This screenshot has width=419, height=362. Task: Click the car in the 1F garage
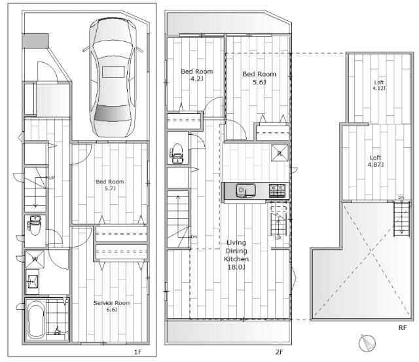point(113,77)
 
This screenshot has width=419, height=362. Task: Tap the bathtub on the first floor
point(36,319)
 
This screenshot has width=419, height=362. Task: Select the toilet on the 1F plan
point(35,225)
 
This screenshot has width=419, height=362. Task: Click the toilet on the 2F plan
point(177,154)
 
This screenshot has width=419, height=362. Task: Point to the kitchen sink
point(246,190)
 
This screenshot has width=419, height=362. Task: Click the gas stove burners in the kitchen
point(277,190)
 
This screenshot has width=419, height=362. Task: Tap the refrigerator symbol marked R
point(280,153)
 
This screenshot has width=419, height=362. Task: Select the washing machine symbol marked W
point(35,259)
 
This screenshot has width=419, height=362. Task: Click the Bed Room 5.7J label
point(110,185)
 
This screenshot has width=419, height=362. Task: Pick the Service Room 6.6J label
point(112,306)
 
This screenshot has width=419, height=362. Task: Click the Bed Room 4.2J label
point(197,75)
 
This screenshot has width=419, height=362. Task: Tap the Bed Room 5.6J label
point(259,78)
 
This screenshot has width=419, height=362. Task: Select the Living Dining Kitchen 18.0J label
point(236,255)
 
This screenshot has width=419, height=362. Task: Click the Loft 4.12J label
point(379,85)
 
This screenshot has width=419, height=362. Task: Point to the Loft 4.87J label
point(375,161)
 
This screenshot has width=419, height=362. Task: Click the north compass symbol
point(367,343)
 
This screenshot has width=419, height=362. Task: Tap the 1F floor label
point(137,352)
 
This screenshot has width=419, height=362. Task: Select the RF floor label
point(403,328)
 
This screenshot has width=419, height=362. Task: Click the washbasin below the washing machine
point(33,281)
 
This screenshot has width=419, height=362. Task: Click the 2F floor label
point(279,352)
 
